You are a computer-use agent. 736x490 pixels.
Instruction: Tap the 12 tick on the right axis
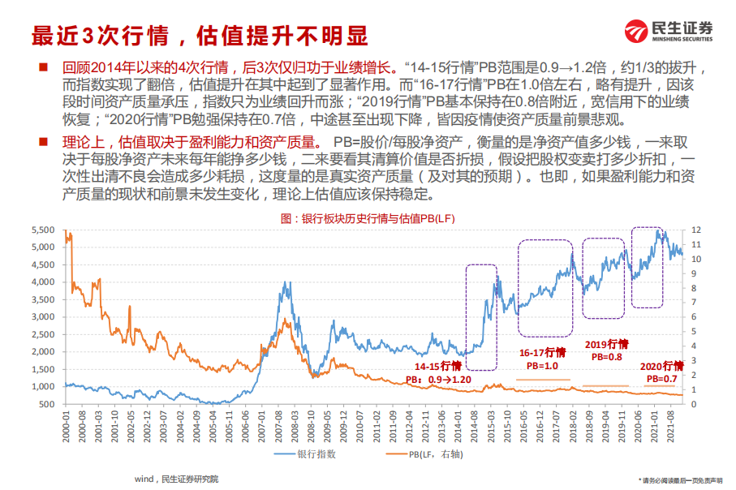click(x=695, y=230)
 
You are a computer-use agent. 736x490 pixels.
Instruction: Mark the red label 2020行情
click(x=662, y=366)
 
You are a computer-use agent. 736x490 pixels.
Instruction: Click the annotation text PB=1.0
click(x=542, y=365)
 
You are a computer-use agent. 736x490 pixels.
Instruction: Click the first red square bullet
click(x=42, y=67)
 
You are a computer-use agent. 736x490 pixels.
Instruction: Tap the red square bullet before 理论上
click(x=42, y=141)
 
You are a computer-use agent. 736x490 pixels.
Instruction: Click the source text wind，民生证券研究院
click(x=177, y=479)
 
